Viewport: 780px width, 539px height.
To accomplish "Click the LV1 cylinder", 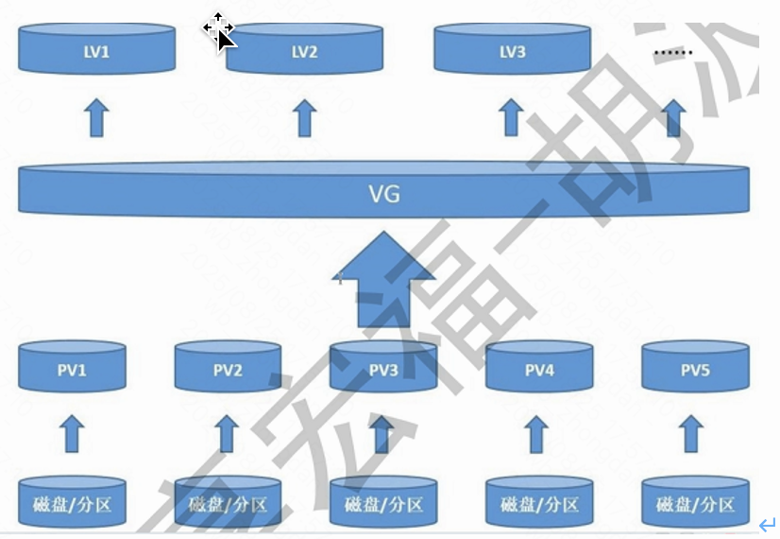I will coord(96,50).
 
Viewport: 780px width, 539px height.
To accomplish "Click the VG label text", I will coord(384,196).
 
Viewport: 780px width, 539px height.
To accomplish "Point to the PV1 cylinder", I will coord(72,369).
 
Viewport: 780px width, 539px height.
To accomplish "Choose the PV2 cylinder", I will coord(227,369).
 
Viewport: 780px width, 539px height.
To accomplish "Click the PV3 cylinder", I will coord(383,369).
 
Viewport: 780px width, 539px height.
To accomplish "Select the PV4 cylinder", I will coord(538,369).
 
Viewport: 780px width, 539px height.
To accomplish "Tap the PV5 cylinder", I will coord(695,369).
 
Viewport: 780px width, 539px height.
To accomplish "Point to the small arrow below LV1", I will coord(96,117).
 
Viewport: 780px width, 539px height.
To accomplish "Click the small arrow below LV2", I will coord(304,117).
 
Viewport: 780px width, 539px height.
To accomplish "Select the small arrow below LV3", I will coord(511,117).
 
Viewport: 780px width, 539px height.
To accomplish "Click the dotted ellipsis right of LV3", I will coord(672,52).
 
